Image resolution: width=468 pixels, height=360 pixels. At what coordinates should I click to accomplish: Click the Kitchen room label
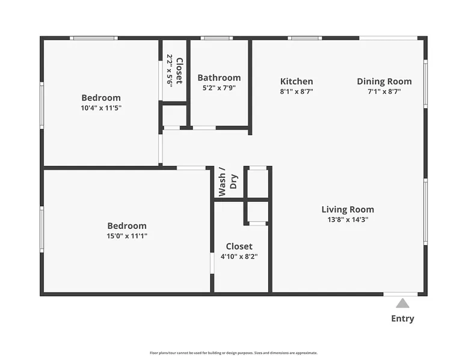coord(297,81)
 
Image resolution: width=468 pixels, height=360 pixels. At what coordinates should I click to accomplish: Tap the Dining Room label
coord(384,81)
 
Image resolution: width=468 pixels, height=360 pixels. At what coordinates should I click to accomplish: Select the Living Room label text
coord(348,209)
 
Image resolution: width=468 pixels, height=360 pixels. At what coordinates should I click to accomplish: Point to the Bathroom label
coord(219,78)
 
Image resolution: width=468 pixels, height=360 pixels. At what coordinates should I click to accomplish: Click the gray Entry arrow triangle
coord(402,303)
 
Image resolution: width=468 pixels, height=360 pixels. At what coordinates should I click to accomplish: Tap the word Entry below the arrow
coord(402,319)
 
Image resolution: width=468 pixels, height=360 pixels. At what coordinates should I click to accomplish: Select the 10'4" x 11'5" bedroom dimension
coord(101,108)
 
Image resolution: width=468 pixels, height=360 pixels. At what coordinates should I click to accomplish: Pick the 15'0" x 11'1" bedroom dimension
coord(127,236)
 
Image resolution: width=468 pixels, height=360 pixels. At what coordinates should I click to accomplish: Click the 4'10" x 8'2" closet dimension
coord(239,257)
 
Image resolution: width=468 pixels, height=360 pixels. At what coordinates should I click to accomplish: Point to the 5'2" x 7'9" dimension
coord(219,88)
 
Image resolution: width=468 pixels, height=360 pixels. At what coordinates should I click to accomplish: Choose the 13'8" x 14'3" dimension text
coord(348,219)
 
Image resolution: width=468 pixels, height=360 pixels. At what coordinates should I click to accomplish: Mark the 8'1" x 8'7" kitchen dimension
coord(297,91)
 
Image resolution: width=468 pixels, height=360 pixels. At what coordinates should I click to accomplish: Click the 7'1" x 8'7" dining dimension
coord(384,91)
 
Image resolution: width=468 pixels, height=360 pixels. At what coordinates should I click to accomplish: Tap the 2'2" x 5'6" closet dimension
coord(170,71)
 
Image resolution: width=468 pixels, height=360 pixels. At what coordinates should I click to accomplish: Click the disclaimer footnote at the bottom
coord(234,353)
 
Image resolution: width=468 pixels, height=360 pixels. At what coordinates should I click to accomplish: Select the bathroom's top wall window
coord(217,38)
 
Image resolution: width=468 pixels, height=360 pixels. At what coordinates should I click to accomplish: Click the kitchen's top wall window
coord(305,38)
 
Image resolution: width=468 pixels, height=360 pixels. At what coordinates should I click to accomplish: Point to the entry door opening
coord(400,294)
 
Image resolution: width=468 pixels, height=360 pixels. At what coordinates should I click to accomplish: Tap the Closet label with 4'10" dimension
coord(239,246)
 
